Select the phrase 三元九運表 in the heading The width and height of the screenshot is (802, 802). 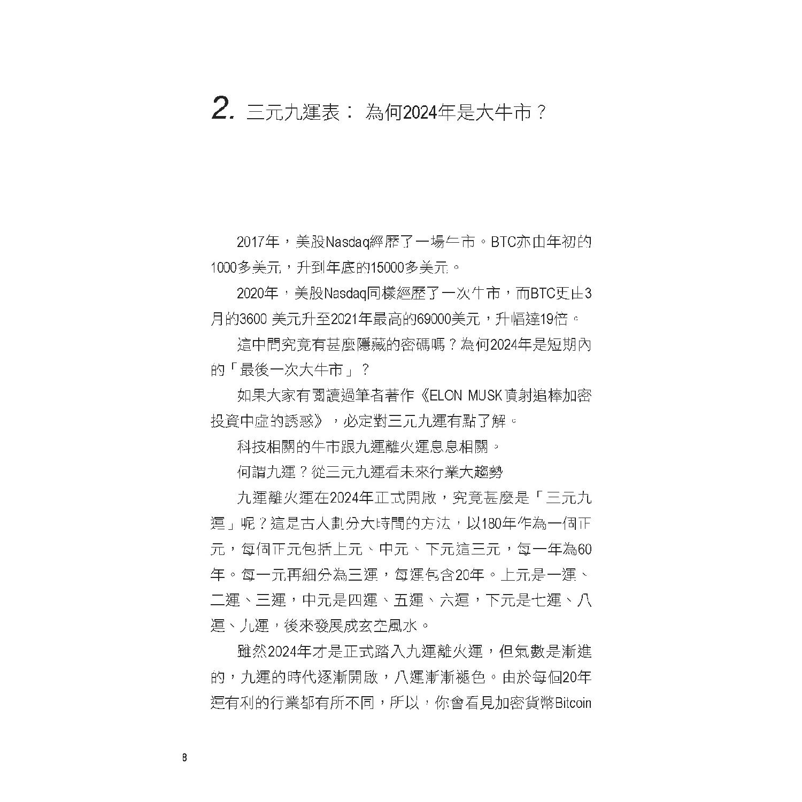(293, 112)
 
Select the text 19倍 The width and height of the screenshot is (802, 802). (554, 319)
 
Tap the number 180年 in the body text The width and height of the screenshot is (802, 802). (498, 523)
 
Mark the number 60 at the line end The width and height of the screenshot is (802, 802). (585, 549)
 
